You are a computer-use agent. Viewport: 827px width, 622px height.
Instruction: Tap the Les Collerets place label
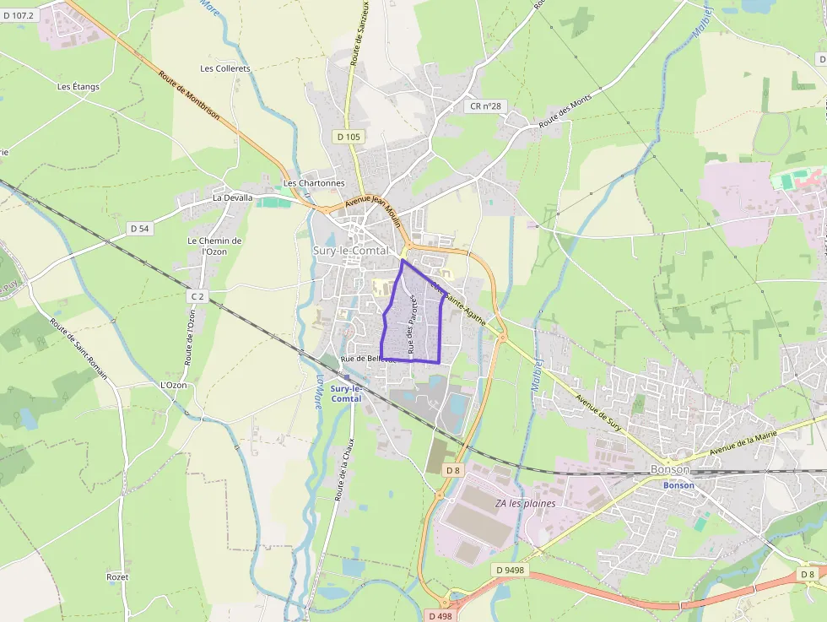[x=225, y=68]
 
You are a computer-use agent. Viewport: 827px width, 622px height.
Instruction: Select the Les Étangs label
[x=78, y=86]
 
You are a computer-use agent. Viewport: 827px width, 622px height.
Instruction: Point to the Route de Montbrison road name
[x=188, y=96]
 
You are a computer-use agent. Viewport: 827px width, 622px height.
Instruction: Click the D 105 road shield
[x=348, y=136]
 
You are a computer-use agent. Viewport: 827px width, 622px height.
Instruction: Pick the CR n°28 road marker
[x=485, y=106]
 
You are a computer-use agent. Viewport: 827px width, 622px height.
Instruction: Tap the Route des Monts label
[x=565, y=111]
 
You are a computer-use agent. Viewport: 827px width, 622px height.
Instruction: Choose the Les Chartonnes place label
[x=314, y=182]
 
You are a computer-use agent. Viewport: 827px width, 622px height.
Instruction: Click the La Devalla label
[x=232, y=197]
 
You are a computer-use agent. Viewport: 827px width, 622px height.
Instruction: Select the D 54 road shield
[x=139, y=228]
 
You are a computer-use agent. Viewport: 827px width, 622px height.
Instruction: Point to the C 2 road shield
[x=197, y=296]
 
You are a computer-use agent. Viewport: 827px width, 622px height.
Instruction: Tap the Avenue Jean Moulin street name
[x=372, y=207]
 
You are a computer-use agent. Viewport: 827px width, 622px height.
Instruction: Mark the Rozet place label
[x=117, y=576]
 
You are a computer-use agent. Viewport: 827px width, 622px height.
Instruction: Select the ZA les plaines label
[x=525, y=503]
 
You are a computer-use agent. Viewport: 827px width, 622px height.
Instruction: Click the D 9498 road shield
[x=510, y=570]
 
